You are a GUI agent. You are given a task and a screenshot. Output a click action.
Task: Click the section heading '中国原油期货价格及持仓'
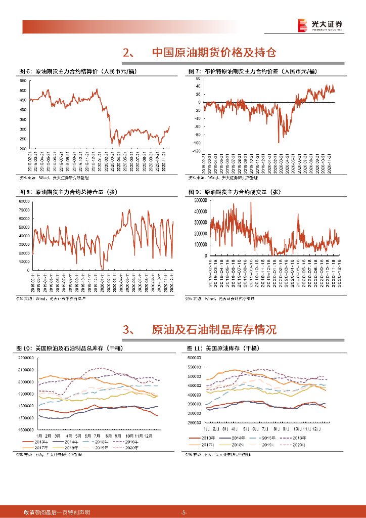[214, 53]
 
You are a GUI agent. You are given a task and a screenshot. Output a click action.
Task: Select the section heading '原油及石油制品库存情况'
[214, 330]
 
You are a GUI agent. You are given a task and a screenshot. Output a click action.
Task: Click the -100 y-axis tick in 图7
[196, 151]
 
